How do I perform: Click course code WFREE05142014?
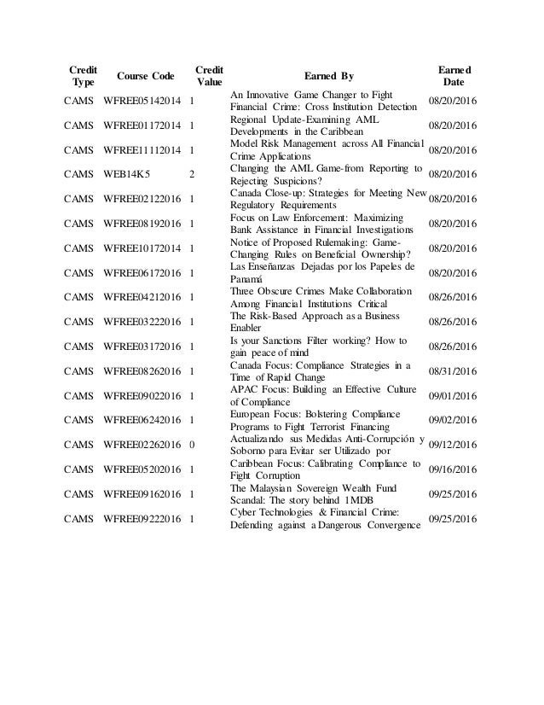pyautogui.click(x=142, y=100)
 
